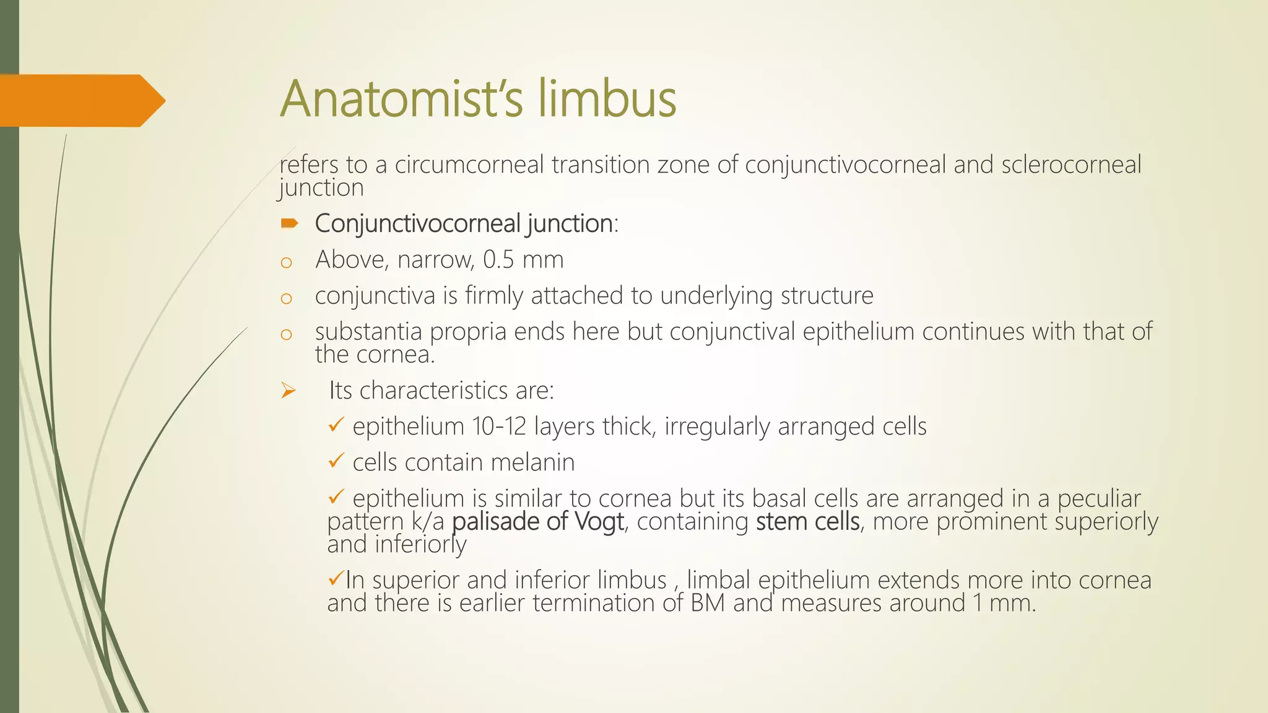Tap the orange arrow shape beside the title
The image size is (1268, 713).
pos(80,100)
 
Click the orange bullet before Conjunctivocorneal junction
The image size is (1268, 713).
pos(289,223)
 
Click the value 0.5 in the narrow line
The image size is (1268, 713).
pos(498,260)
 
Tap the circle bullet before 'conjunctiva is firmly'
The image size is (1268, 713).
pos(286,299)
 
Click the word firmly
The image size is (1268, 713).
pos(494,296)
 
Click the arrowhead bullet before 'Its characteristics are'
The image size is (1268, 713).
pos(289,391)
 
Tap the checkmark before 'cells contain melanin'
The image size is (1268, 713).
pos(336,461)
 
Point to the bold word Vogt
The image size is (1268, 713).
pos(599,521)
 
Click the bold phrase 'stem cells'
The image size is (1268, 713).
pos(807,521)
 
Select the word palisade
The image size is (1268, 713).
pos(496,521)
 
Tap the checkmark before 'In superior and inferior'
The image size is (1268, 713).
pos(335,579)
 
